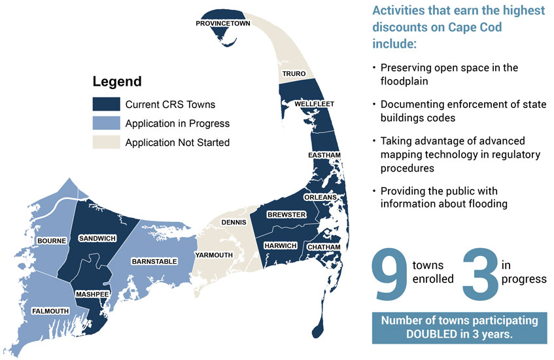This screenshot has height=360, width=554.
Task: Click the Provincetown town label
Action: [x=223, y=24]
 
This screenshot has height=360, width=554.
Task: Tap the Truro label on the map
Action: [x=294, y=73]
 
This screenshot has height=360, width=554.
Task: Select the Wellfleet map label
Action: [x=314, y=104]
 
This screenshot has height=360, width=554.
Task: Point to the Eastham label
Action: [x=324, y=155]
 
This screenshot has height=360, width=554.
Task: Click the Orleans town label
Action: [x=320, y=197]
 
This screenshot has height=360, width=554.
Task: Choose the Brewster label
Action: [x=286, y=215]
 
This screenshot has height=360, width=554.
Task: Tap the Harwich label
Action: [x=281, y=245]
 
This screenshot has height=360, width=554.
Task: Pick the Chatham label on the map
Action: [x=324, y=247]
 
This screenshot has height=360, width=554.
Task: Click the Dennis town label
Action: [x=234, y=223]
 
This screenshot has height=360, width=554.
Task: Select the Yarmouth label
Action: [x=214, y=255]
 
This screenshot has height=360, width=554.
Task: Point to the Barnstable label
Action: [x=154, y=262]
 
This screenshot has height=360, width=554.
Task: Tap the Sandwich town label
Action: [x=97, y=239]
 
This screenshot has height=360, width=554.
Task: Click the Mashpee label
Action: [x=92, y=295]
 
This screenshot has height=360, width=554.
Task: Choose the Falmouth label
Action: [x=50, y=311]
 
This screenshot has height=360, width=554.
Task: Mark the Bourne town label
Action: [x=52, y=241]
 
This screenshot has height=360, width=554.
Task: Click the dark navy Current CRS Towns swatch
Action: [x=107, y=104]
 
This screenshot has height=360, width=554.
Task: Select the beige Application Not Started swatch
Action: [x=107, y=142]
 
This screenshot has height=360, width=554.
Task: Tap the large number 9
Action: [x=390, y=274]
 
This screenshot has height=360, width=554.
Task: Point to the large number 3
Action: [x=480, y=274]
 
